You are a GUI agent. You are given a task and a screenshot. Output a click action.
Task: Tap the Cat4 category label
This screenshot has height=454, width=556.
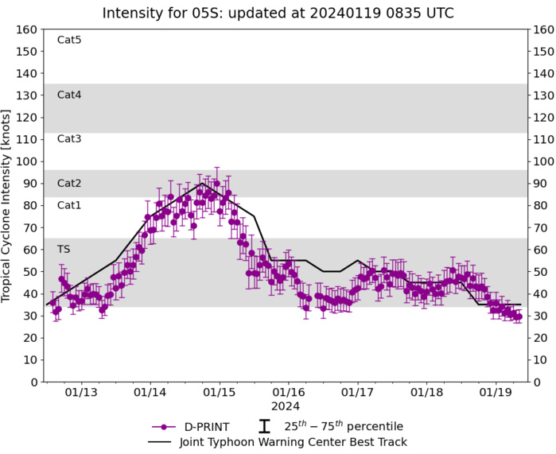click(x=69, y=95)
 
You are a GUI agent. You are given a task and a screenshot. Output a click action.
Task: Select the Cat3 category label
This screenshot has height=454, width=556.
click(x=69, y=138)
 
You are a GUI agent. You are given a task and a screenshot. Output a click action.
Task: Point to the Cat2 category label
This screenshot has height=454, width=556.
click(x=69, y=183)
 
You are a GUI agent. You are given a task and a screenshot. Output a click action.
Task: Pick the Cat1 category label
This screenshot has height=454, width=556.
click(x=69, y=205)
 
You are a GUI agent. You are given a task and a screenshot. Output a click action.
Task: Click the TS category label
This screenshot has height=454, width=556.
click(x=64, y=249)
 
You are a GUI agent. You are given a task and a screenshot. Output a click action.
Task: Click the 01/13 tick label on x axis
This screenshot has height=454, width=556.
click(x=81, y=393)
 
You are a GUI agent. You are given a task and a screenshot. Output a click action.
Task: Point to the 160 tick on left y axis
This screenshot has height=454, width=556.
click(x=29, y=29)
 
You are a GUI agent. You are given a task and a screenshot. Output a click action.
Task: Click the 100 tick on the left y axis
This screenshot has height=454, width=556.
click(x=29, y=161)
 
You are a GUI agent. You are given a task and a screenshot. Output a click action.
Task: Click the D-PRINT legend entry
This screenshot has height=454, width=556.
click(x=195, y=426)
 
